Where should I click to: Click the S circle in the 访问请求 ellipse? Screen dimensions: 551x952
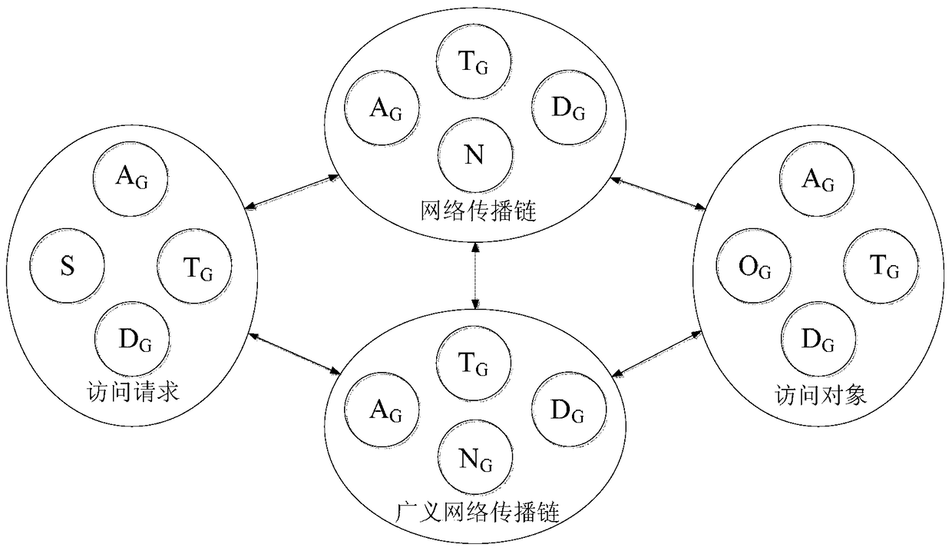(x=67, y=269)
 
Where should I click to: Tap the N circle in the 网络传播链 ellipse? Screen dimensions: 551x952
(x=475, y=154)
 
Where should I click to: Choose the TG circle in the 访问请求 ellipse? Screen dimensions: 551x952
(x=196, y=268)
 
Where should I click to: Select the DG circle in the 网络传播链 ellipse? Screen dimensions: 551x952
(x=567, y=108)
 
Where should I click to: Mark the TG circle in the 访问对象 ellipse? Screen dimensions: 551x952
(x=883, y=267)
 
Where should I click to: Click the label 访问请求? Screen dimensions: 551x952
(x=135, y=392)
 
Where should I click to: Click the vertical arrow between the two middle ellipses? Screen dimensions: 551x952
(x=477, y=276)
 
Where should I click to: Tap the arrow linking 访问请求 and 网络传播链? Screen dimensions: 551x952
(x=292, y=192)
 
